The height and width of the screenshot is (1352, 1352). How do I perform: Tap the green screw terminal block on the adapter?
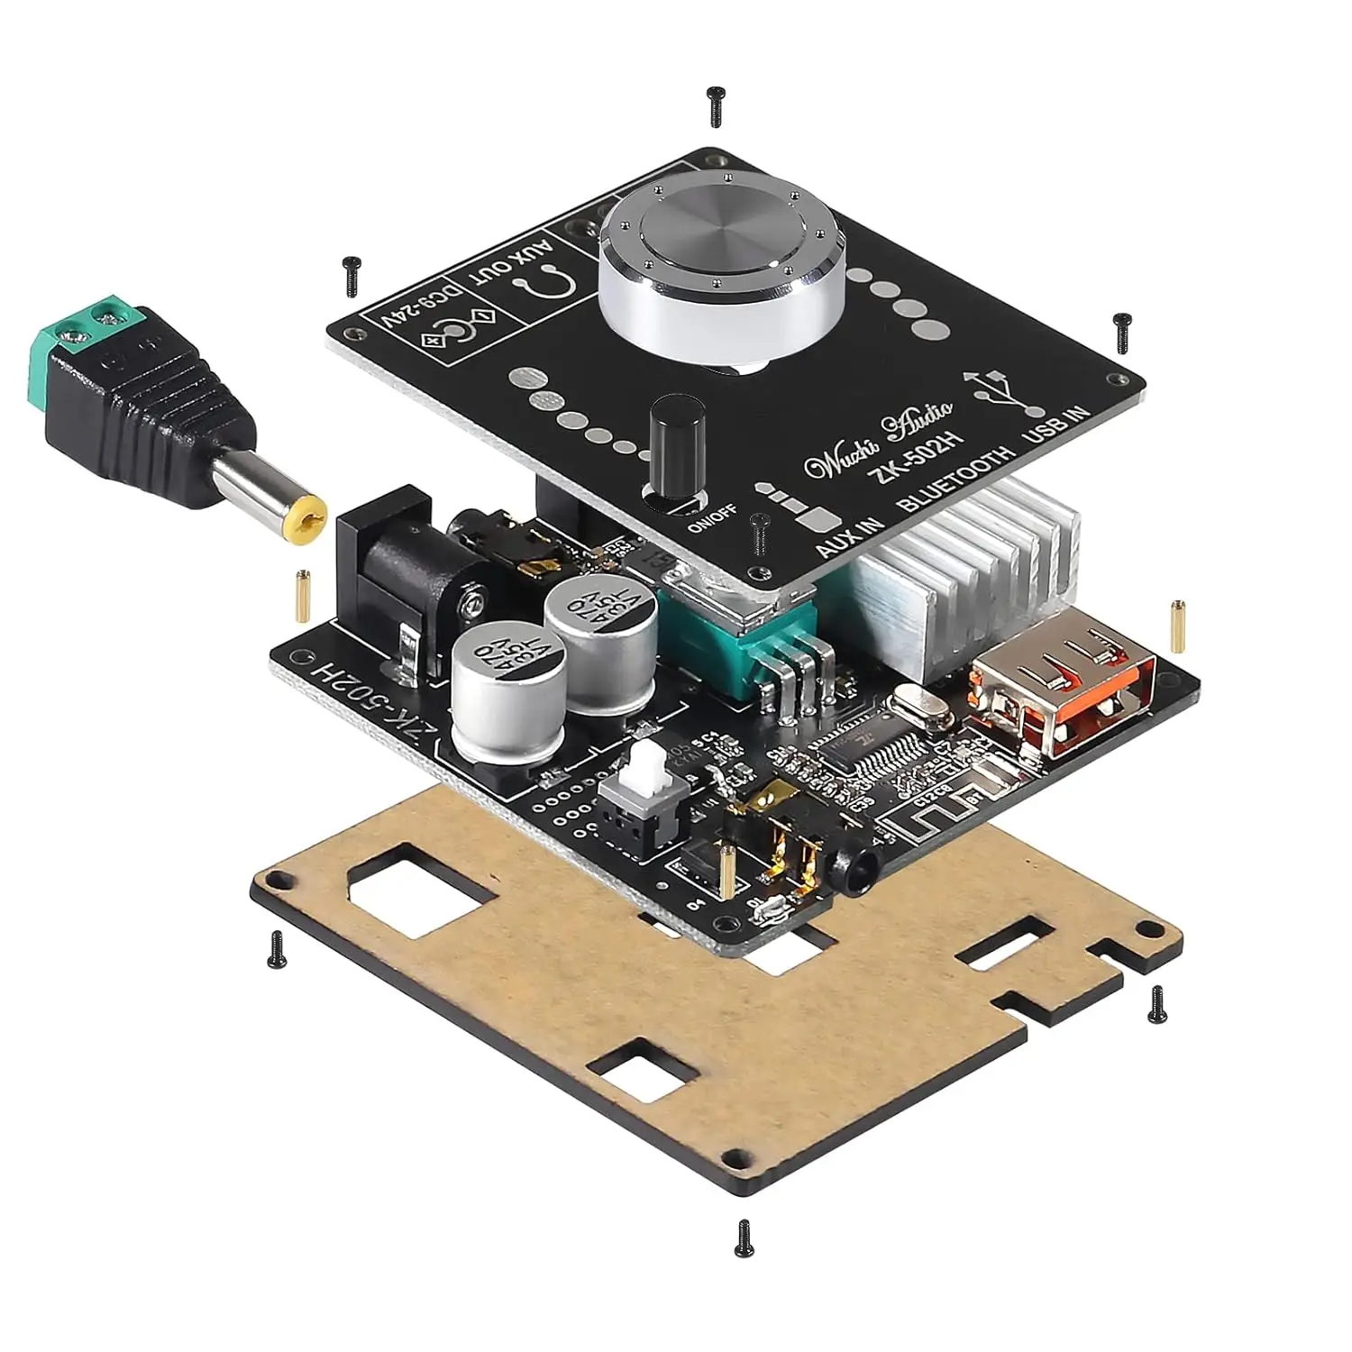point(90,333)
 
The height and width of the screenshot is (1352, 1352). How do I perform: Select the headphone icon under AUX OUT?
point(545,288)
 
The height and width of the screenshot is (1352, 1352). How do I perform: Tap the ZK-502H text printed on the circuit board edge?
point(370,712)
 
